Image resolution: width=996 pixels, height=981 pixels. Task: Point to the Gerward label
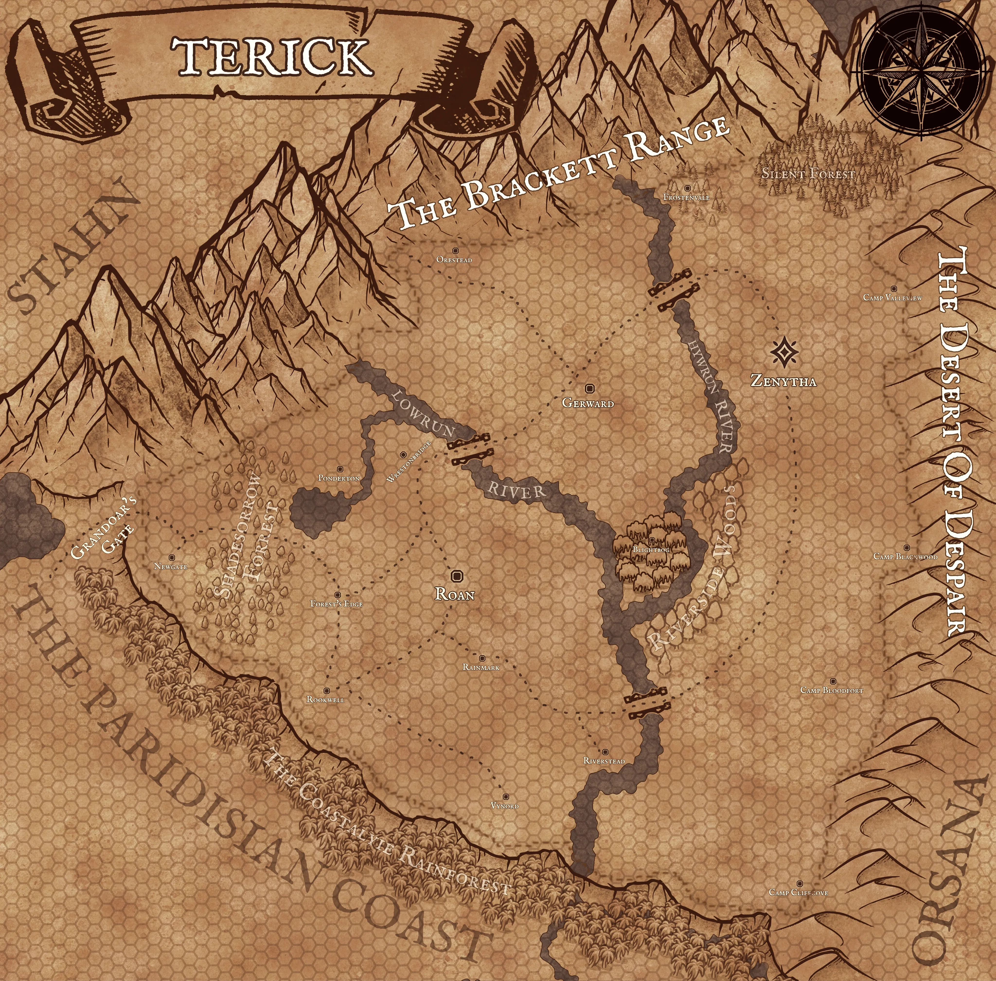pyautogui.click(x=588, y=403)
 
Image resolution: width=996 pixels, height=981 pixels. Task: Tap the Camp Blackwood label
pyautogui.click(x=905, y=556)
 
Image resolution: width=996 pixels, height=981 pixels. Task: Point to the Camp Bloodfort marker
pyautogui.click(x=833, y=681)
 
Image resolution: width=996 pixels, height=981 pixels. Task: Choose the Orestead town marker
pyautogui.click(x=454, y=253)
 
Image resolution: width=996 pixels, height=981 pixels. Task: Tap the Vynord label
pyautogui.click(x=505, y=805)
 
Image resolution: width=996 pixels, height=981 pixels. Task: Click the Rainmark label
pyautogui.click(x=481, y=667)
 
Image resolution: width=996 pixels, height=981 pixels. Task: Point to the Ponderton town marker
pyautogui.click(x=339, y=469)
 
